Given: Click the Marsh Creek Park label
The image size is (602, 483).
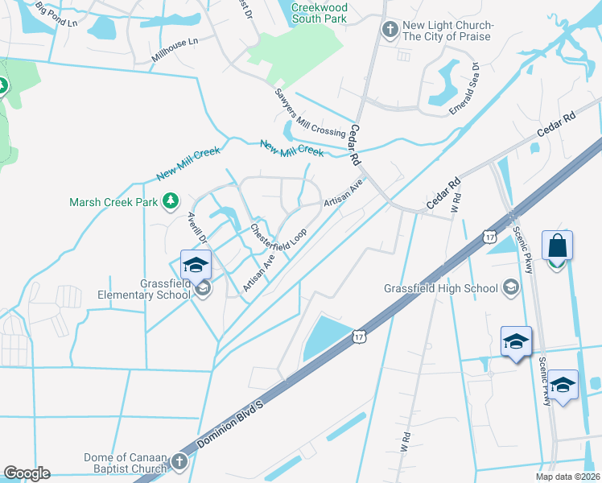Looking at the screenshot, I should click(x=113, y=202).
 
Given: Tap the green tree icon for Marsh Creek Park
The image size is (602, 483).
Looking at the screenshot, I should click(x=171, y=200).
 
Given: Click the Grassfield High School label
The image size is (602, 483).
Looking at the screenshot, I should click(x=440, y=287).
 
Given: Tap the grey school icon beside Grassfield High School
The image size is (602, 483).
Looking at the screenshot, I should click(x=510, y=287).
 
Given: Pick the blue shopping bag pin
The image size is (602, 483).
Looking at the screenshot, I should click(x=558, y=246).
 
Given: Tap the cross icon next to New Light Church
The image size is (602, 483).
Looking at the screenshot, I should click(x=390, y=31).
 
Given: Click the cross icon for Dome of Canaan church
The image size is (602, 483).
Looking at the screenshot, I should click(x=179, y=462).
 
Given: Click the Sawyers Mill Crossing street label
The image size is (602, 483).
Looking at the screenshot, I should click(x=310, y=113).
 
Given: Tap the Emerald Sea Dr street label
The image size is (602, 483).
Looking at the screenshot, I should click(x=464, y=89).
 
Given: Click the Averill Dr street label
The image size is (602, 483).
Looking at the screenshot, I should click(x=198, y=229).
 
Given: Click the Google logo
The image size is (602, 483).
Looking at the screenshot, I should click(x=27, y=473).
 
